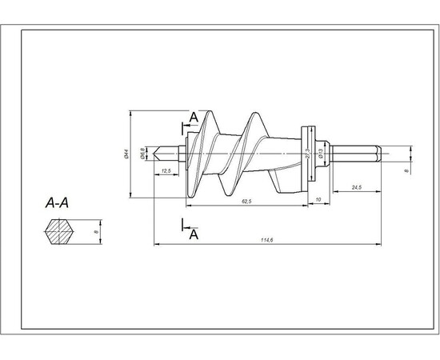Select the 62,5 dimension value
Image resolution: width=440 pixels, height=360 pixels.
pos(246,202)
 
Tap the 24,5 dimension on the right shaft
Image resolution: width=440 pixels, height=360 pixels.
pos(358,187)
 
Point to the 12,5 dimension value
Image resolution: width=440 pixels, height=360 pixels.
pos(167,171)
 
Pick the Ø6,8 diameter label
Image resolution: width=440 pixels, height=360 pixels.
pos(142,153)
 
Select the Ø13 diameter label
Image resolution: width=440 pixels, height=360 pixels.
pos(319,158)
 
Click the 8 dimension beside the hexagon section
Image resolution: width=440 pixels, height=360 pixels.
pos(96,233)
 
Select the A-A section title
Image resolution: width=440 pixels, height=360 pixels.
pos(57,204)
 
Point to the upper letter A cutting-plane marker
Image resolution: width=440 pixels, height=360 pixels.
pos(193,118)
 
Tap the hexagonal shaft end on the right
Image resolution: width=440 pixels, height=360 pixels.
pos(356,152)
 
